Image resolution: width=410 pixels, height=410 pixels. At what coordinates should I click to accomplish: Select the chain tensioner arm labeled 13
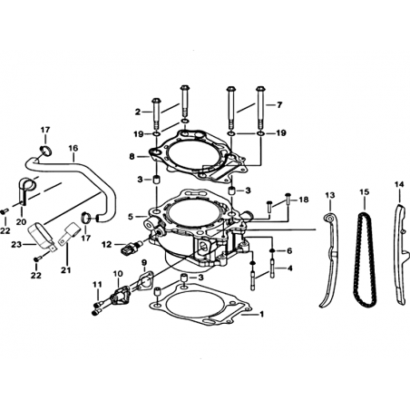(331, 257)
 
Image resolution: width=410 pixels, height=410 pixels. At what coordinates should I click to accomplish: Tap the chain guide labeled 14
(401, 254)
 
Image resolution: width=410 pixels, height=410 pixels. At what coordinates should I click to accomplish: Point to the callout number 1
(262, 314)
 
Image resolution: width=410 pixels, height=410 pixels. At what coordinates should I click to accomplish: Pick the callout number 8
(132, 157)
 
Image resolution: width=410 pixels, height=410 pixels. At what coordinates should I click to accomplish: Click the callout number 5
(131, 217)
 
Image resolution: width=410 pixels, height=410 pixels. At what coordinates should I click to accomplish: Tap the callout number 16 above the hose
(73, 148)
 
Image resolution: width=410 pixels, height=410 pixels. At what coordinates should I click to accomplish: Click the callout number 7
(279, 105)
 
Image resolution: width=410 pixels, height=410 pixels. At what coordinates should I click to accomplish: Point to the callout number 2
(138, 112)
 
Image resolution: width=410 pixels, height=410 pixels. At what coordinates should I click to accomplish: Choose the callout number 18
(304, 200)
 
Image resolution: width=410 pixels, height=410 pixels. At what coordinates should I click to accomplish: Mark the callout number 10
(118, 274)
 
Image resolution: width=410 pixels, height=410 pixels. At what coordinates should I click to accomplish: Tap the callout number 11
(97, 285)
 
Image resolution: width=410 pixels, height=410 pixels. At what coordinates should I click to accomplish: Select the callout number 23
(16, 244)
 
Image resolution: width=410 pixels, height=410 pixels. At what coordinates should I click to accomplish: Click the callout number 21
(66, 270)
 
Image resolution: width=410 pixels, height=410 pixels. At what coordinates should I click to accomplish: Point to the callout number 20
(21, 222)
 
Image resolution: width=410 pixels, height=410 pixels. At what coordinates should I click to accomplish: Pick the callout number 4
(290, 268)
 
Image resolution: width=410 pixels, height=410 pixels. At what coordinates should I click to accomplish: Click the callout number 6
(289, 250)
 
